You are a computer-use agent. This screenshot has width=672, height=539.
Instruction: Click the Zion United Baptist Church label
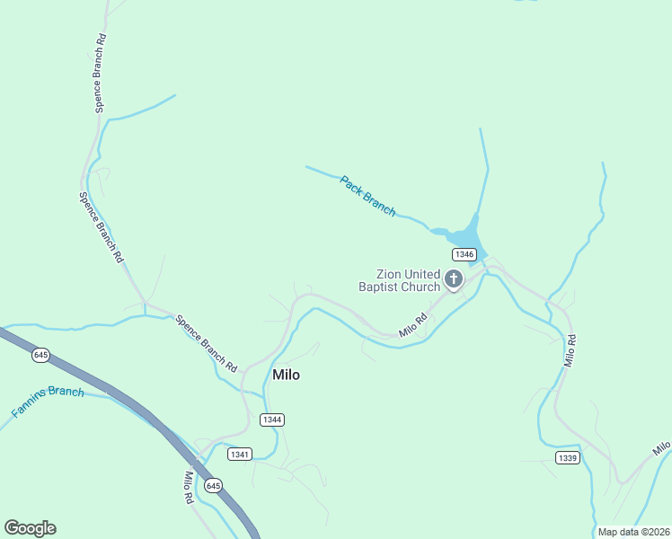[x=399, y=280]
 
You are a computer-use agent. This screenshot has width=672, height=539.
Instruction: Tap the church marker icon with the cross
[x=454, y=279]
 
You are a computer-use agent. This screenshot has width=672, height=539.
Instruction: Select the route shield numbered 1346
[x=464, y=254]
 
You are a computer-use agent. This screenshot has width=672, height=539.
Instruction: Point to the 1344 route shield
[x=272, y=420]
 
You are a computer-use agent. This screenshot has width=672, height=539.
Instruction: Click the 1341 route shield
[x=240, y=454]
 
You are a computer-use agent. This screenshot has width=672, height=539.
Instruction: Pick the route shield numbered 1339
[x=567, y=458]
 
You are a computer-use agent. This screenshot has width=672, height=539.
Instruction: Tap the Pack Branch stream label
[x=367, y=195]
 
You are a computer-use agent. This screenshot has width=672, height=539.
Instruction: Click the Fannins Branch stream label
[x=48, y=402]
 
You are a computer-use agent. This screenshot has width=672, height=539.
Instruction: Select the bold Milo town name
[x=286, y=375]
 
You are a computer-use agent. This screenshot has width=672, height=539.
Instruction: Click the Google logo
[x=30, y=528]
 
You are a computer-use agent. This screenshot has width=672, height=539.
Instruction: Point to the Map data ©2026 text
[x=633, y=532]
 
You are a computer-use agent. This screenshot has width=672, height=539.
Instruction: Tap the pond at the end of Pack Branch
[x=464, y=235]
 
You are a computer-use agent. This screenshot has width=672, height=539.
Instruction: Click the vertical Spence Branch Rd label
[x=102, y=73]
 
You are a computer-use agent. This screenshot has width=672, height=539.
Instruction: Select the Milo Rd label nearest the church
[x=412, y=325]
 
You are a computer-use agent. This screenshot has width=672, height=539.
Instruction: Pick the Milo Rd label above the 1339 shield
[x=570, y=350]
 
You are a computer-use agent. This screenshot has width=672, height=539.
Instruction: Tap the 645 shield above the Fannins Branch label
[x=40, y=355]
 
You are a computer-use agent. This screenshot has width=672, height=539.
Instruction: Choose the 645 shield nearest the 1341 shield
[x=213, y=485]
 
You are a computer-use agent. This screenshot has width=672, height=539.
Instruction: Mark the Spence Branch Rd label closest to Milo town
[x=207, y=342]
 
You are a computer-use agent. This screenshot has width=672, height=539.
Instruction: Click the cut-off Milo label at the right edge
[x=662, y=447]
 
